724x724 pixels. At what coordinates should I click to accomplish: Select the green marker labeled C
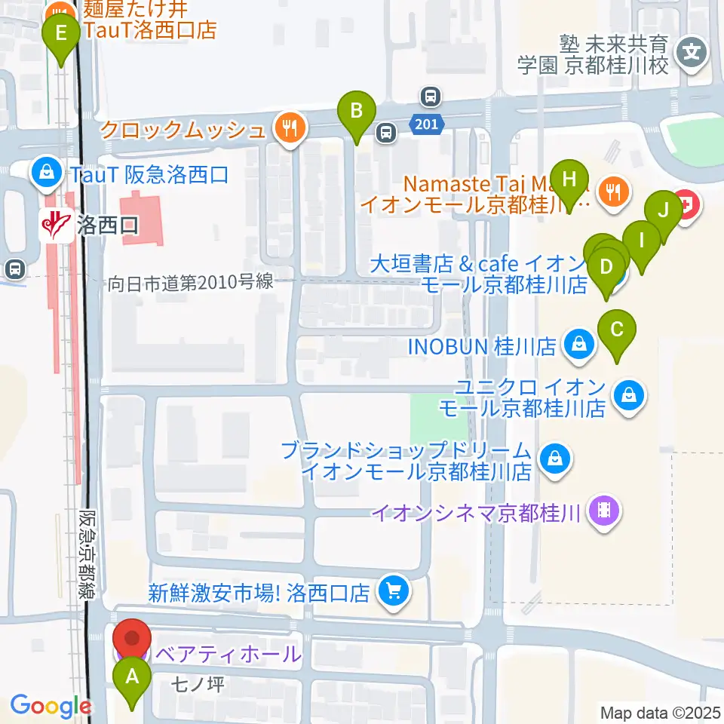tap(617, 330)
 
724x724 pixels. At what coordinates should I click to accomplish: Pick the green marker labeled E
tap(61, 34)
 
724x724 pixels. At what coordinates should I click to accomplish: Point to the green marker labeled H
tap(569, 180)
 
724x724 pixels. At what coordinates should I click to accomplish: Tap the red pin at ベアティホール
tap(133, 637)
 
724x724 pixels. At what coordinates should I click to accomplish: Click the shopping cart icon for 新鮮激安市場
tap(392, 592)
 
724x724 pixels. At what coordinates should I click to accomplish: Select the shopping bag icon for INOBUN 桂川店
tap(578, 346)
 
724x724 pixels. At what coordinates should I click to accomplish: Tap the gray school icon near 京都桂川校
tap(691, 53)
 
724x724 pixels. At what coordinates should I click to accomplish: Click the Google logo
tap(51, 706)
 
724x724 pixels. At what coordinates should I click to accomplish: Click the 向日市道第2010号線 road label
tap(190, 283)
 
